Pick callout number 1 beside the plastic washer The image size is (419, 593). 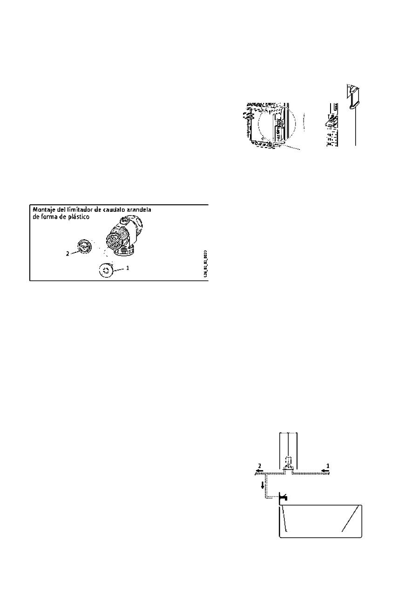point(128,269)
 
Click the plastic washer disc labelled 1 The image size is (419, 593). point(107,270)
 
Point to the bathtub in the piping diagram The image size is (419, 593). point(320,521)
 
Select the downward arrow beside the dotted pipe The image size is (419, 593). point(263,485)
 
